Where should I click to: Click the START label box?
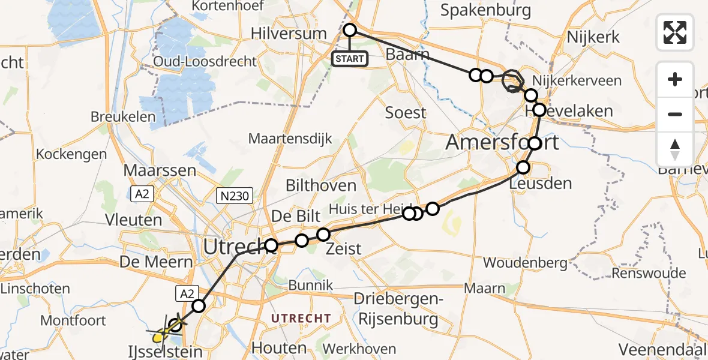350,59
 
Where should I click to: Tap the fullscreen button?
675,32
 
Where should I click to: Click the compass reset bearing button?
675,149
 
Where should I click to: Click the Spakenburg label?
486,10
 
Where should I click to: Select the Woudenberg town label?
525,263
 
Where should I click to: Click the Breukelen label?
123,116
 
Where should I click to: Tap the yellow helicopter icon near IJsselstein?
159,335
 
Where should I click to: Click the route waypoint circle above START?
350,30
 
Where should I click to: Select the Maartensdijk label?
290,139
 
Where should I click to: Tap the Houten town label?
279,348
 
